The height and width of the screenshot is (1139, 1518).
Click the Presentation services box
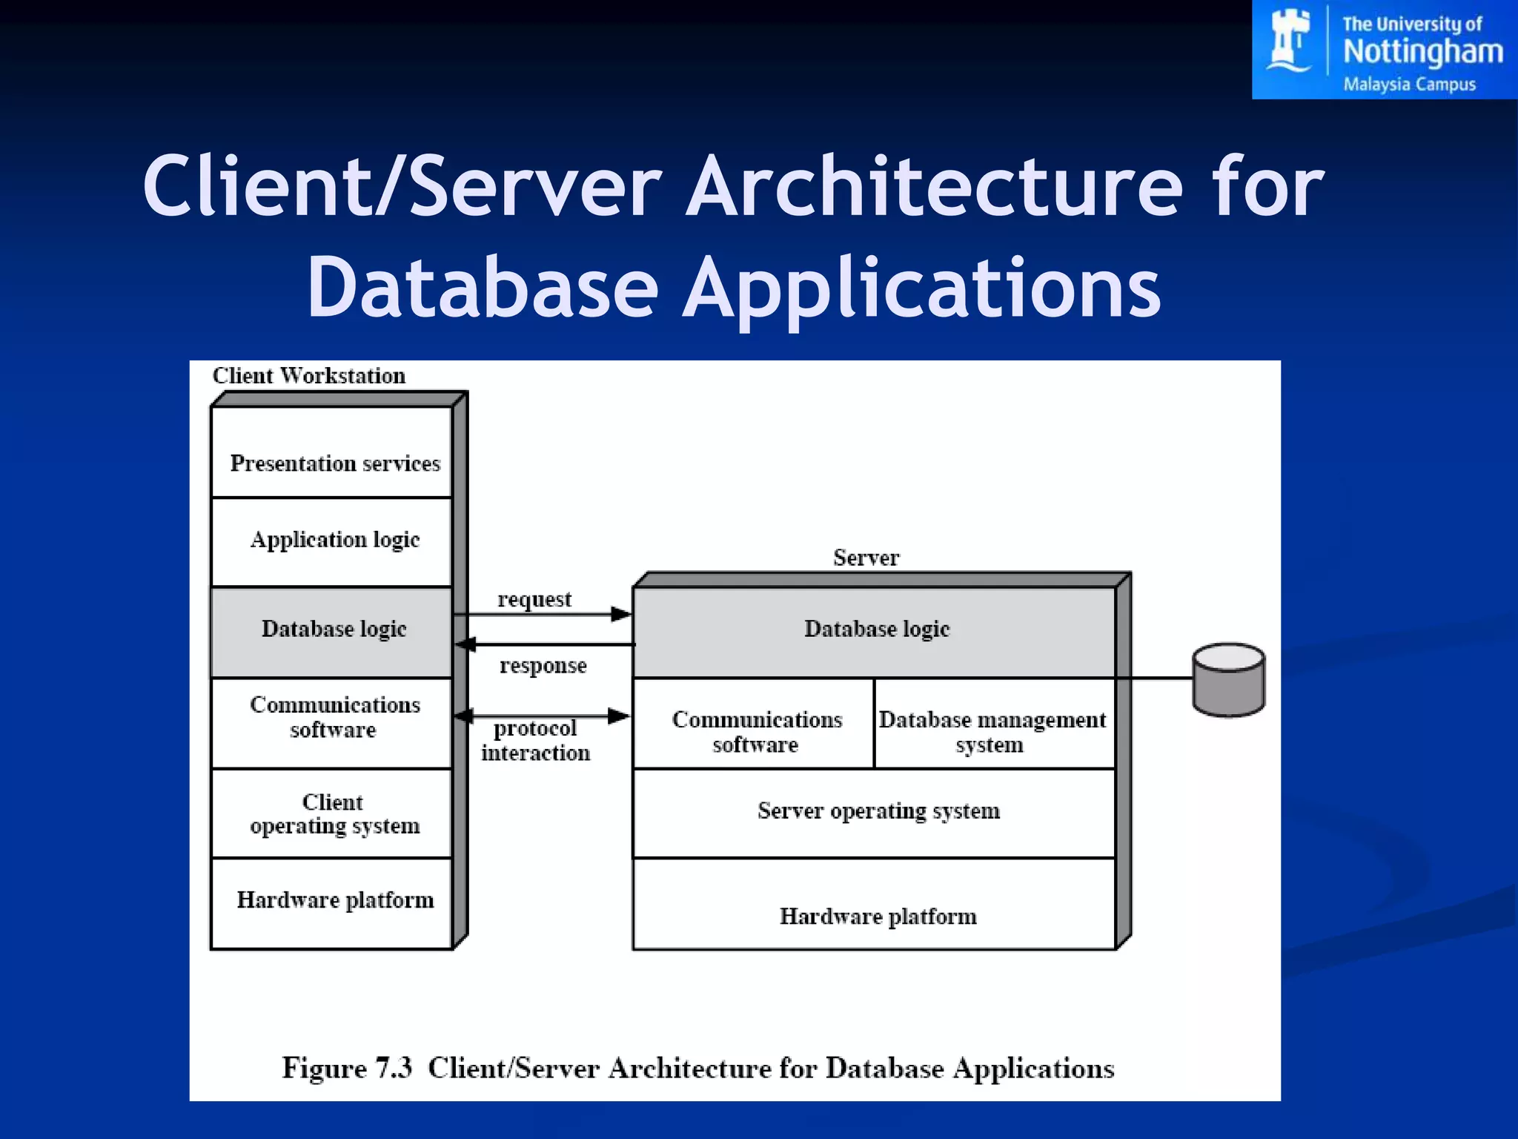[x=331, y=452]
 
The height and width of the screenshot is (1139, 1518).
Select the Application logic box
[x=331, y=541]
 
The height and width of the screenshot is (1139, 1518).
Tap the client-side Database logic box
[x=331, y=631]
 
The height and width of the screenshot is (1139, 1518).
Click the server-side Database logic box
[x=875, y=631]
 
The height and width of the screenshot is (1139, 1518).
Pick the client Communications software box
[x=331, y=721]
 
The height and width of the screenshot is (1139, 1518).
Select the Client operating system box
[x=331, y=813]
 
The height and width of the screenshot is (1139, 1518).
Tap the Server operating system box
[x=875, y=813]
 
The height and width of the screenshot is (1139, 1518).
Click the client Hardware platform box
[x=331, y=902]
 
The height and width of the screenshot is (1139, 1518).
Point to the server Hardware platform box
[x=875, y=905]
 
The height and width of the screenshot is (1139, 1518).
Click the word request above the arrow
[x=534, y=599]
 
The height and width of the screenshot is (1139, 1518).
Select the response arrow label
[x=543, y=666]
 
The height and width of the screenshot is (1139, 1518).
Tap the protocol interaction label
[x=535, y=741]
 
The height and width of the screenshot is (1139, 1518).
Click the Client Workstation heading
[x=309, y=376]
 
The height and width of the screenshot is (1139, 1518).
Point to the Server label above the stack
[x=866, y=558]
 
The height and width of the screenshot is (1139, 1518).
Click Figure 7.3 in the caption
[x=346, y=1068]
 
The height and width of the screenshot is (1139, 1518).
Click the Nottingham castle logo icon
[x=1289, y=41]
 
